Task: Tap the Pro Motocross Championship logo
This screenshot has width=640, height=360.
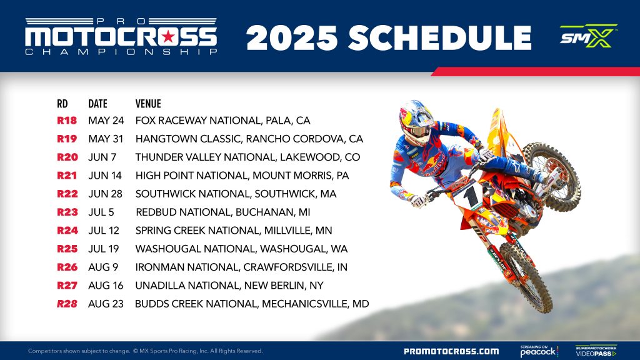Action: pos(121,36)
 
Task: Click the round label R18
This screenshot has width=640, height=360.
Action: pos(67,121)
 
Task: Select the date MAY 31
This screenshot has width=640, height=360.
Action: pos(106,139)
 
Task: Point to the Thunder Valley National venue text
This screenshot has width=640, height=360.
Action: pos(247,157)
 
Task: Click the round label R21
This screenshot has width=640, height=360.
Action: pos(67,176)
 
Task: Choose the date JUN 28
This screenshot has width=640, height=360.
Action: pos(106,194)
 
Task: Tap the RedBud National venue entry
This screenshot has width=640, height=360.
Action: pos(222,212)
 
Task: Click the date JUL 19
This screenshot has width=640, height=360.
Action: pos(105,249)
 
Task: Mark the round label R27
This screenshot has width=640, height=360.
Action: pos(67,286)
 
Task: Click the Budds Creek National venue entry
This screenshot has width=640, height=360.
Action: pos(252,304)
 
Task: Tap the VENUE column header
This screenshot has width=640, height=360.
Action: pos(148,104)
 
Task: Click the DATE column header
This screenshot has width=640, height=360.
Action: pos(97,104)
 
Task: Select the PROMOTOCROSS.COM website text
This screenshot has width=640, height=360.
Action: pos(451,351)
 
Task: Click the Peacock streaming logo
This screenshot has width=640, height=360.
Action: pos(539,351)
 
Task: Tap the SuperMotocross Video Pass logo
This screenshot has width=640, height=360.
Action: pos(596,351)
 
